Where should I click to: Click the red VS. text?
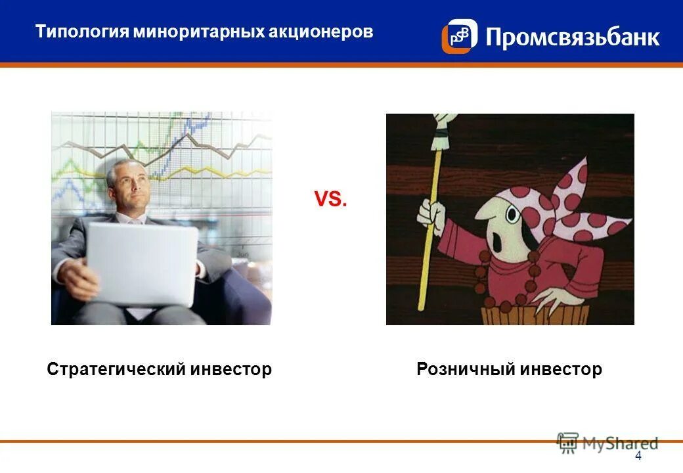(x=330, y=200)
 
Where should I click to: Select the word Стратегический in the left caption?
(x=116, y=369)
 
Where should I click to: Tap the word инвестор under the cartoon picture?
(x=561, y=369)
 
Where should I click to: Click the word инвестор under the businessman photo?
(x=231, y=369)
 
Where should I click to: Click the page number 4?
(x=638, y=457)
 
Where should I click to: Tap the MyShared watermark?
(x=607, y=443)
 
